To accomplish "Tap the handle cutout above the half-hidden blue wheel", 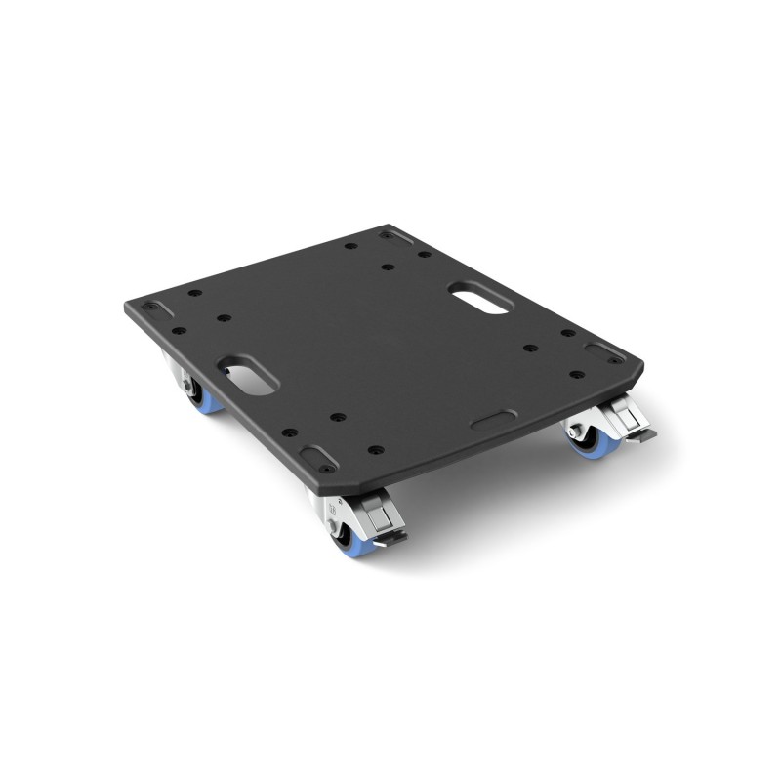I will [x=248, y=374].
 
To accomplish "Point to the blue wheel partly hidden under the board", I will [x=207, y=397].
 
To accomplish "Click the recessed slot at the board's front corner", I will [x=314, y=454].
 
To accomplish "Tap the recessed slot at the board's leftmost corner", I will [x=153, y=308].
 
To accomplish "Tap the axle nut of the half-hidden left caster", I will [x=185, y=388].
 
